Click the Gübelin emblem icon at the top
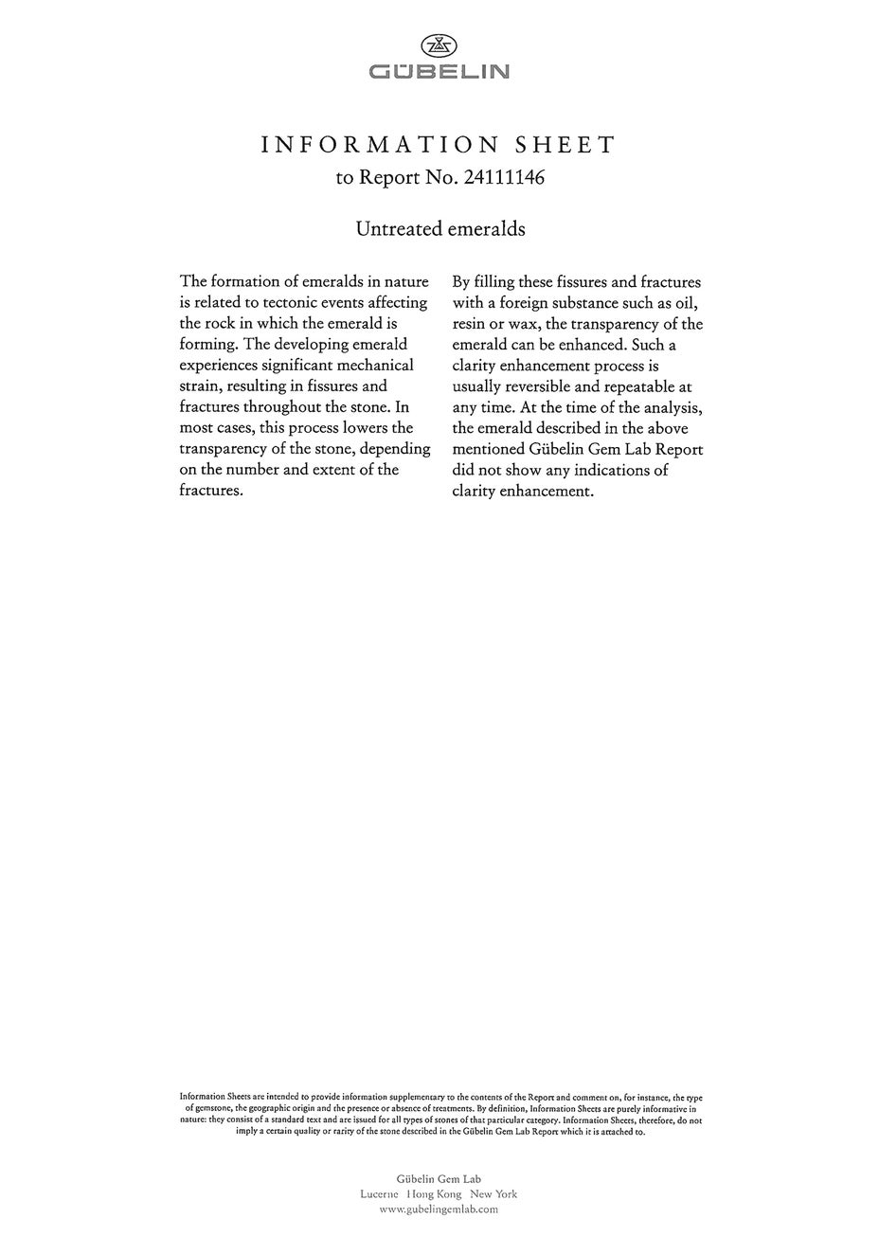coord(439,45)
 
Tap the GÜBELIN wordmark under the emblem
coord(439,72)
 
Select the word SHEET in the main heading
coord(565,145)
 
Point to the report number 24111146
coord(504,177)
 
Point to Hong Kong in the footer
coord(434,1194)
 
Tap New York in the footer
coord(493,1194)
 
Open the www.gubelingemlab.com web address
coord(439,1209)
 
